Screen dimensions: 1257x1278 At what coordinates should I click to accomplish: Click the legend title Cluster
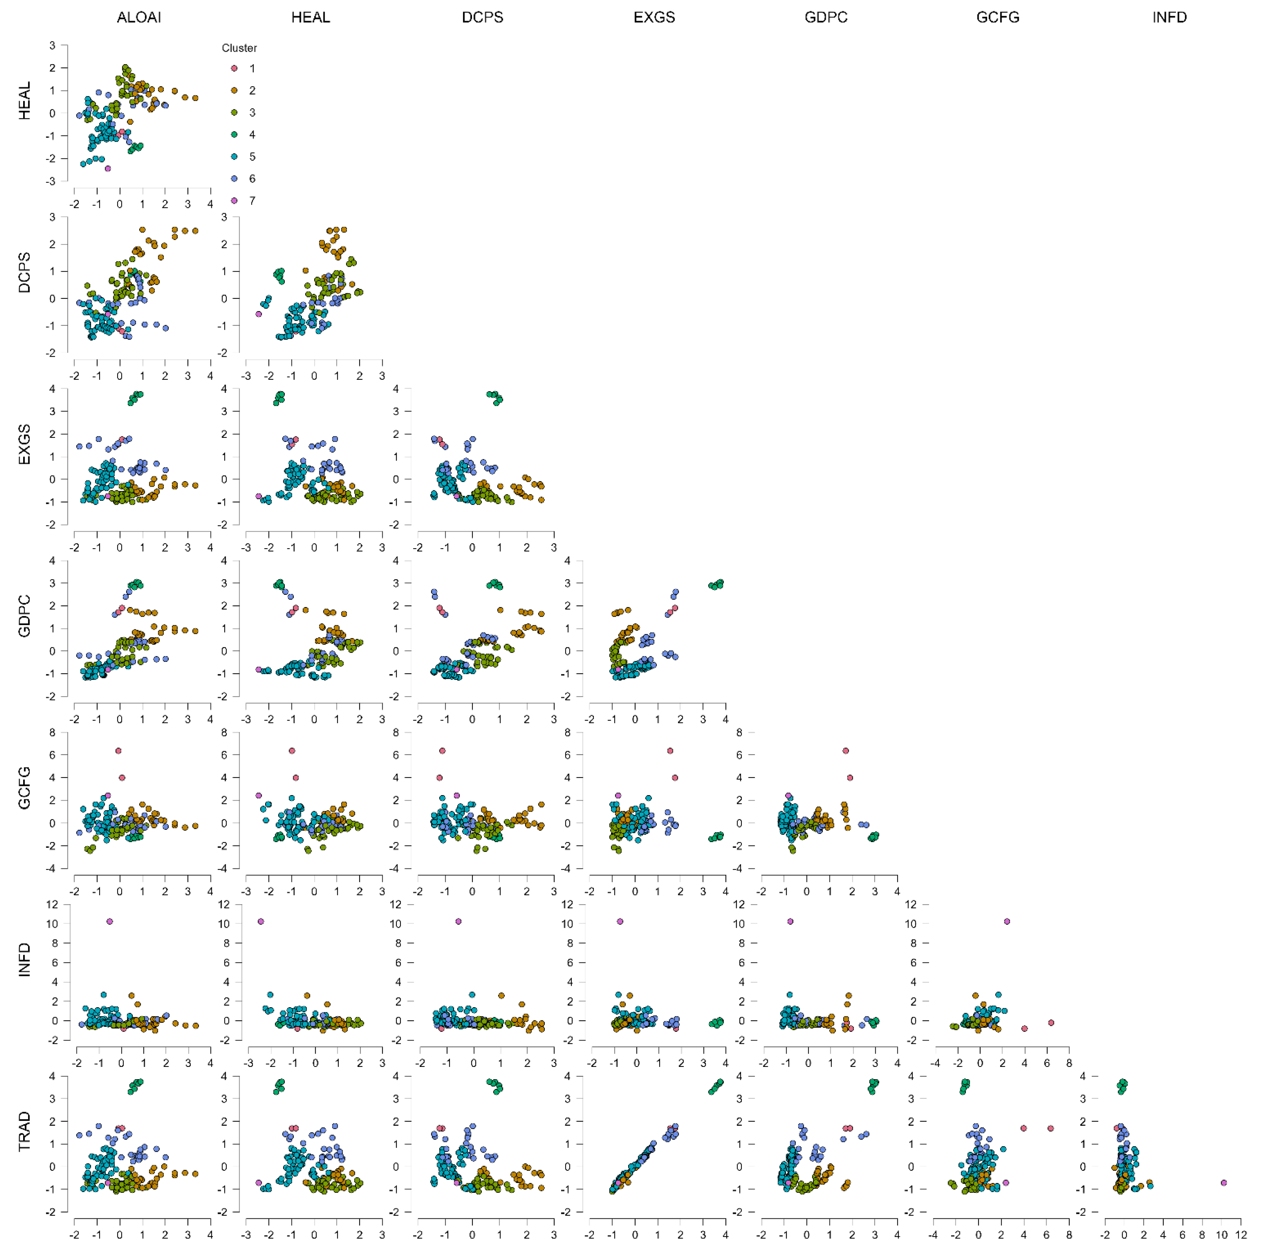click(239, 48)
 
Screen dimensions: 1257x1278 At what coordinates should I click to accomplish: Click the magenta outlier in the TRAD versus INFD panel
click(1223, 1183)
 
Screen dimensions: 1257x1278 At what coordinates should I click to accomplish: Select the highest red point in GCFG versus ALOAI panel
click(118, 751)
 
